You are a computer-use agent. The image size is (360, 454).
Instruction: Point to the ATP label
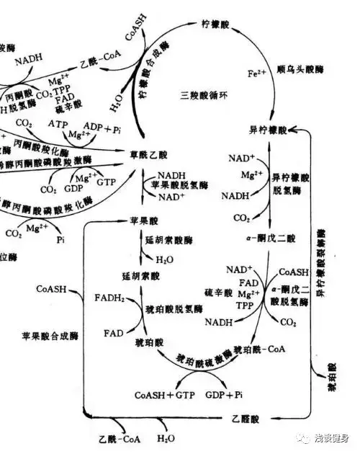coord(58,124)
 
